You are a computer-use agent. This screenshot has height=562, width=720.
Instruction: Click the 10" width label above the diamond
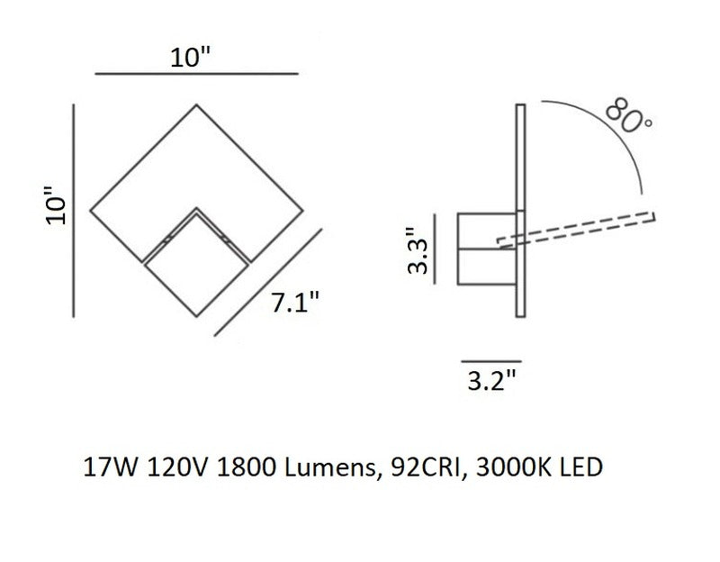tap(190, 58)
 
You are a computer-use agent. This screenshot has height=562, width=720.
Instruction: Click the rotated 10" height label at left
tap(56, 205)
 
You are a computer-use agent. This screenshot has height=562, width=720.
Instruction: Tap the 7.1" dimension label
tap(295, 303)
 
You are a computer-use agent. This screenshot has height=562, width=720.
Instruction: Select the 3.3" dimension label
tap(418, 251)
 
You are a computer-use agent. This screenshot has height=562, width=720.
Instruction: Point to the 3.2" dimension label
tap(491, 380)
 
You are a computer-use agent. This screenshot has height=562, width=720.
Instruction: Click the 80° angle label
tap(628, 116)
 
